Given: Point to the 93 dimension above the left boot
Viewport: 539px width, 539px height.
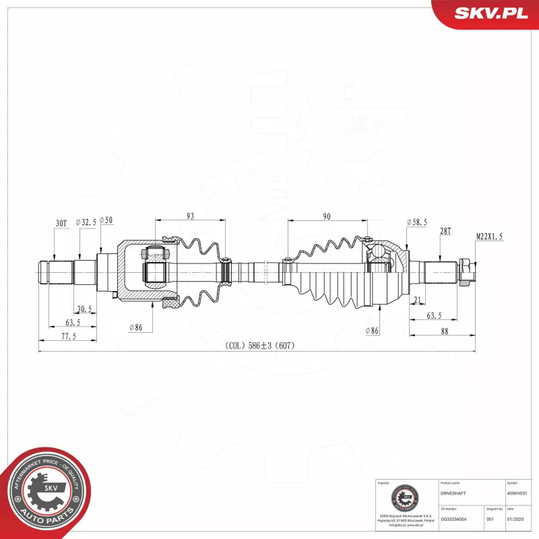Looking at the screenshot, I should point(189,216).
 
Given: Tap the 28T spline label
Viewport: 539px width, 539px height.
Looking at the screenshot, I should point(445,230).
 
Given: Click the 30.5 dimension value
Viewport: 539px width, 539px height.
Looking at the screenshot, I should point(85,310).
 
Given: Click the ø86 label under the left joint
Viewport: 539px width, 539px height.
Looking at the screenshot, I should point(137,327).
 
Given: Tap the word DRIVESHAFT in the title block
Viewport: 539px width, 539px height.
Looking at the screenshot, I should point(452,494).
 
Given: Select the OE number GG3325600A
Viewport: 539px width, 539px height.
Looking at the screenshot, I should point(454,519).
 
